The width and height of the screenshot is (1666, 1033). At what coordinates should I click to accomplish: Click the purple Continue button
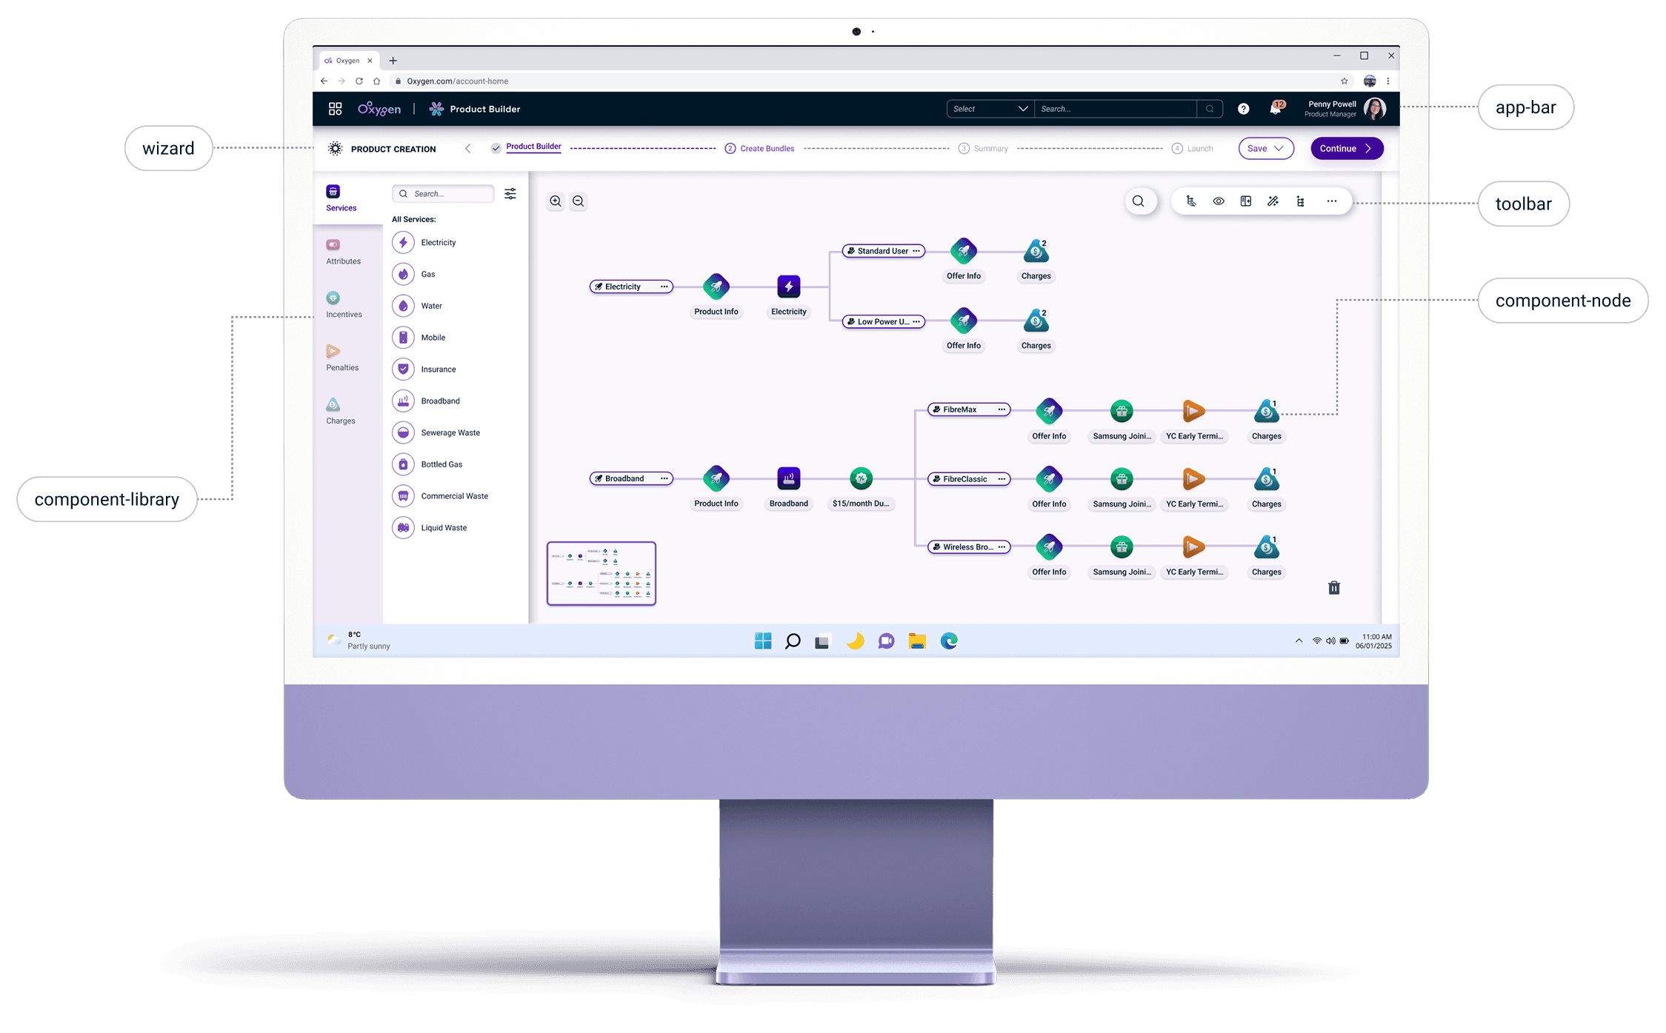(x=1346, y=149)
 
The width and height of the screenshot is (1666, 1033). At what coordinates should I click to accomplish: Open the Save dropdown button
(x=1265, y=149)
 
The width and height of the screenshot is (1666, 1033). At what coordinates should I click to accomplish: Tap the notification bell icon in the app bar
(x=1275, y=108)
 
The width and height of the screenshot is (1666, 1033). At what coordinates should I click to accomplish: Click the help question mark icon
(x=1243, y=109)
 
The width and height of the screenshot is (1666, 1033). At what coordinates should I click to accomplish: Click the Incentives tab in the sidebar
(x=343, y=304)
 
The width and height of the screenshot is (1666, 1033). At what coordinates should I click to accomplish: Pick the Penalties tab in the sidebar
(x=341, y=358)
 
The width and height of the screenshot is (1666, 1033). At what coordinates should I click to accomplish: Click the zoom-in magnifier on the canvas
(x=556, y=201)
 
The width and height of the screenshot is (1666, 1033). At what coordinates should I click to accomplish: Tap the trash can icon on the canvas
(x=1333, y=588)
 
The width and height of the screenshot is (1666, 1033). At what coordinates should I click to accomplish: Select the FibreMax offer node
(x=968, y=409)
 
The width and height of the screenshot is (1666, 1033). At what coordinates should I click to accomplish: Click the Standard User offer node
(x=883, y=251)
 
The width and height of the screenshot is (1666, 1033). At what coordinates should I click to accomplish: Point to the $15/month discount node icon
(x=861, y=478)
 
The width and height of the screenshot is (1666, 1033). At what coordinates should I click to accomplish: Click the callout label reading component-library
(x=107, y=500)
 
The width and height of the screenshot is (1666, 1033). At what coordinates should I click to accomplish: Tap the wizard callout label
(x=168, y=148)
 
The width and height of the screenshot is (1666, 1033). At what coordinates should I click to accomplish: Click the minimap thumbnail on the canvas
(x=601, y=574)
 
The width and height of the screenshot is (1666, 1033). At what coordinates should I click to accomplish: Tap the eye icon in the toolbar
(x=1218, y=201)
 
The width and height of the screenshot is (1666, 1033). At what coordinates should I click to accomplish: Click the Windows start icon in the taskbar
(x=762, y=641)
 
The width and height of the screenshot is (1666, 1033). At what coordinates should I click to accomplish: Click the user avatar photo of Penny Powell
(x=1374, y=109)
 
